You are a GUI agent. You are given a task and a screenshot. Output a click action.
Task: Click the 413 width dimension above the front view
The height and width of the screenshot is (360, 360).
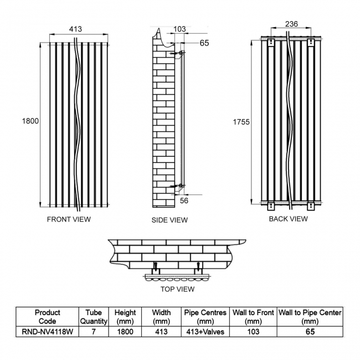click(x=75, y=29)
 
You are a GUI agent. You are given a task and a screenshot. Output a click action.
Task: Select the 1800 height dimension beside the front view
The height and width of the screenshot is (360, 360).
click(x=30, y=121)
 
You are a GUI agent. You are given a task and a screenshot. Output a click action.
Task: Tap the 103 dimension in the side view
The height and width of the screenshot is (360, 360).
click(x=179, y=29)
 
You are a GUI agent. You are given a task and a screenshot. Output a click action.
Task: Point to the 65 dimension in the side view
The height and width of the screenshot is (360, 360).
click(x=204, y=43)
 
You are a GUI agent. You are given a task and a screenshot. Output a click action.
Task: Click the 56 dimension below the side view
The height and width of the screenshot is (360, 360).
click(x=184, y=200)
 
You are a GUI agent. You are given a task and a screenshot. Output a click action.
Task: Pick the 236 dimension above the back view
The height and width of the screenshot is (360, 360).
click(x=291, y=24)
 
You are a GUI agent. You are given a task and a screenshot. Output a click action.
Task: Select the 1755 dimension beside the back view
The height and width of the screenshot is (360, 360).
click(x=241, y=122)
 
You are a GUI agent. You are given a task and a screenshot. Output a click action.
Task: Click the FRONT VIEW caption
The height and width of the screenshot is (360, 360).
click(x=69, y=219)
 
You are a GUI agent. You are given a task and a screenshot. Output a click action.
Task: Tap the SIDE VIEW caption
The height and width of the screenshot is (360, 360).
click(x=169, y=220)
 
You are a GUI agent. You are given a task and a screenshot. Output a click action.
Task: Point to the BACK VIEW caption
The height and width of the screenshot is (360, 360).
click(x=288, y=219)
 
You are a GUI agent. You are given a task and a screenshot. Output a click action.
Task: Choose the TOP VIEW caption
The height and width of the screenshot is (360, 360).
click(x=177, y=289)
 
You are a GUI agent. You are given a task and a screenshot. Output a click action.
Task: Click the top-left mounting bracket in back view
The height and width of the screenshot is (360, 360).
click(x=271, y=43)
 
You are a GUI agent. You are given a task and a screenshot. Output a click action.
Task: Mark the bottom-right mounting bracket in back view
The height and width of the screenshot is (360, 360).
click(x=311, y=205)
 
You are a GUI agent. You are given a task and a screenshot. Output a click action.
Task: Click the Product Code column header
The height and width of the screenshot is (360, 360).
click(x=47, y=317)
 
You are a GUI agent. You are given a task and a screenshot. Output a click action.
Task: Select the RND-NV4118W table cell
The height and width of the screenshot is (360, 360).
click(x=47, y=332)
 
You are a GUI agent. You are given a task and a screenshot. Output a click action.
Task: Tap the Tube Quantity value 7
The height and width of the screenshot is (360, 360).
click(x=94, y=332)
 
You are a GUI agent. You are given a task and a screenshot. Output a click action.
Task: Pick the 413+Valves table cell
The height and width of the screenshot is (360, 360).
click(x=205, y=332)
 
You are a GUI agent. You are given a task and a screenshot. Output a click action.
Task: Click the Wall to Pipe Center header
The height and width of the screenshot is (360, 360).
click(x=310, y=317)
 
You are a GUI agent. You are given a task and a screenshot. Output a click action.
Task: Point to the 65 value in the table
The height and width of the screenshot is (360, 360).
click(x=310, y=332)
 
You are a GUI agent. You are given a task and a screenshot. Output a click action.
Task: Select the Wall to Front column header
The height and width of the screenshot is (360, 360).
click(x=253, y=317)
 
